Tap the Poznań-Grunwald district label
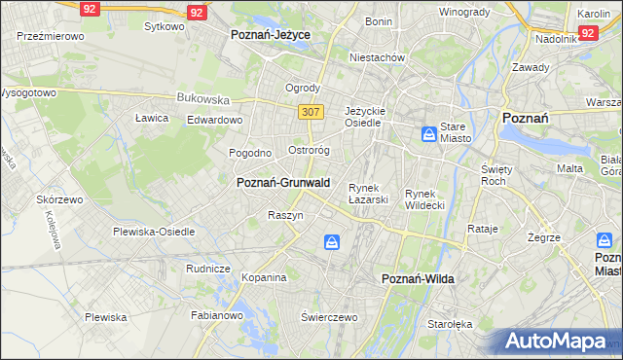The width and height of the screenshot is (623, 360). pyautogui.click(x=283, y=182)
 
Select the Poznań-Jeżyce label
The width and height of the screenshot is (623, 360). pyautogui.click(x=270, y=34)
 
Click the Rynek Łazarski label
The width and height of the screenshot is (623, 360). pyautogui.click(x=369, y=194)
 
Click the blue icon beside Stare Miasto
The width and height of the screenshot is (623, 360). pyautogui.click(x=429, y=133)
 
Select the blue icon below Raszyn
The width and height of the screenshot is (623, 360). pyautogui.click(x=333, y=241)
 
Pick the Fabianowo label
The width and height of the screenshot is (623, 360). pyautogui.click(x=215, y=315)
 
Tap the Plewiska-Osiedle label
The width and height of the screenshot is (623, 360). pyautogui.click(x=154, y=232)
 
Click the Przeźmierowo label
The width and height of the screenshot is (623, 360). pyautogui.click(x=51, y=35)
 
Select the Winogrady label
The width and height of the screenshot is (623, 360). pyautogui.click(x=463, y=12)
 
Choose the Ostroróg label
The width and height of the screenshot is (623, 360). pyautogui.click(x=311, y=151)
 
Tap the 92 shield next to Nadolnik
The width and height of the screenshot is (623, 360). pyautogui.click(x=587, y=32)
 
